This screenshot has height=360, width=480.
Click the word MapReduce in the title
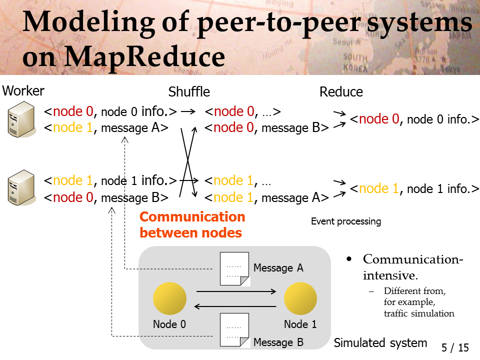point(145,56)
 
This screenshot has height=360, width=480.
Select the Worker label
point(23,91)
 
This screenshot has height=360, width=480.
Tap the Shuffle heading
point(189,92)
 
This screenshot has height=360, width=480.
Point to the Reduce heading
point(341,92)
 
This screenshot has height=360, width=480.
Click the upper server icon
point(21,119)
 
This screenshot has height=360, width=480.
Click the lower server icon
point(21,187)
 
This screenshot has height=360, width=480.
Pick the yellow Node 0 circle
point(169,298)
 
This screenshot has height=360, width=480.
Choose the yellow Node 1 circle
point(300,298)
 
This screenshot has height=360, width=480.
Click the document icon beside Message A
point(235,269)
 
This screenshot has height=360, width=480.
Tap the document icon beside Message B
point(235,330)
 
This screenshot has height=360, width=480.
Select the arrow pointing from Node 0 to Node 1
point(236,291)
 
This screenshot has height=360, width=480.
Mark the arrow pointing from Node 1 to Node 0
point(235,306)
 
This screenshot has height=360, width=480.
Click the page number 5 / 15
point(455,347)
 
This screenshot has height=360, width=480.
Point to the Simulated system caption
point(380,343)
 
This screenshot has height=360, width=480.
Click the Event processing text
point(346,221)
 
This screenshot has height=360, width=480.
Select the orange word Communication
point(192,216)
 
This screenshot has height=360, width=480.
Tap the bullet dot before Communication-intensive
point(349,259)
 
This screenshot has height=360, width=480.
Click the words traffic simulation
point(419,313)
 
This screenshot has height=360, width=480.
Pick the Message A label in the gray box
point(278,268)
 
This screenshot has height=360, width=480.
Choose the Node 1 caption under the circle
point(300,324)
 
